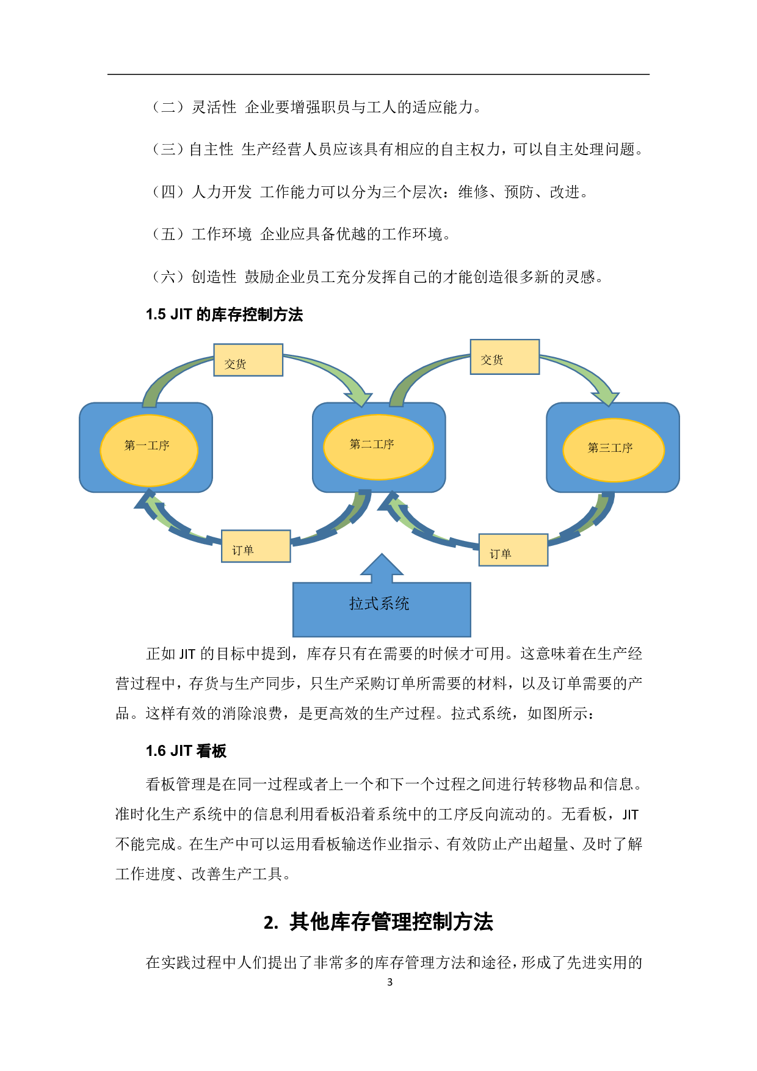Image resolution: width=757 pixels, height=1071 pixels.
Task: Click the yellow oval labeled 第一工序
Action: click(148, 450)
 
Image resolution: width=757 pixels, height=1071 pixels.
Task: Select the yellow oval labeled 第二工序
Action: click(378, 446)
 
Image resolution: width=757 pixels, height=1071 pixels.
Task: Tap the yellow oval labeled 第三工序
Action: click(613, 449)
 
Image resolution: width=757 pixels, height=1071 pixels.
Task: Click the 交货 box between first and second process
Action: click(248, 360)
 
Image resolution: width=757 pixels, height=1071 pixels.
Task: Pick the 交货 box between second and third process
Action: click(504, 357)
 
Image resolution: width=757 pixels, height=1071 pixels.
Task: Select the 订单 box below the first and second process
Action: click(256, 546)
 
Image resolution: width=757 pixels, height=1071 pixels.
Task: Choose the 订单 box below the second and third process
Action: click(513, 550)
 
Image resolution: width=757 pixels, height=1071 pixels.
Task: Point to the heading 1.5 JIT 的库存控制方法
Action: click(224, 314)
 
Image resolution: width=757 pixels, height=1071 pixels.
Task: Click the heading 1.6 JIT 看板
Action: click(186, 751)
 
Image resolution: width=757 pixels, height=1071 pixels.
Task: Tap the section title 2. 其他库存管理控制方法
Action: click(378, 922)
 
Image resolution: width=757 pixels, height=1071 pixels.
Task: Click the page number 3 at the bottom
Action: click(389, 982)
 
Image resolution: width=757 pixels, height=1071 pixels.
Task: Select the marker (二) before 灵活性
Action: click(168, 107)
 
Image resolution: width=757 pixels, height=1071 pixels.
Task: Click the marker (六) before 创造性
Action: click(168, 277)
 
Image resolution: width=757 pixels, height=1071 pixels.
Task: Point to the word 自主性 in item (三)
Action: click(211, 150)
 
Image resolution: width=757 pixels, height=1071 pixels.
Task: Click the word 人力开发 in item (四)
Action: click(222, 192)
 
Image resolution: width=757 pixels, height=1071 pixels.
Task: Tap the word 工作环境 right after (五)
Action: click(222, 234)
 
